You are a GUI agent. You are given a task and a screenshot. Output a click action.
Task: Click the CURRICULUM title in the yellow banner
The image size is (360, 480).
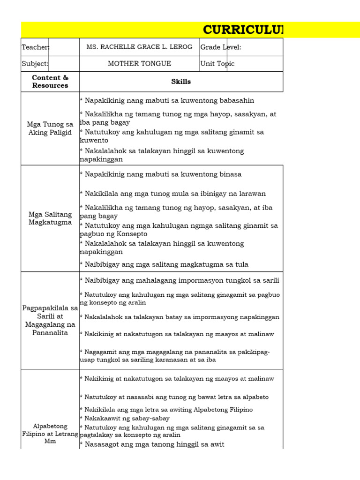pos(243,30)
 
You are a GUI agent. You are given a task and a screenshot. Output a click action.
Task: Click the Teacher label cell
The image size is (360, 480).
pos(35,47)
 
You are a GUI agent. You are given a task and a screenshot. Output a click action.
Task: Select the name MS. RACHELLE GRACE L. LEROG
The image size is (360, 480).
pos(139,47)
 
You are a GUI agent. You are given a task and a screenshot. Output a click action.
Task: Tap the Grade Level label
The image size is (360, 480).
pos(220,47)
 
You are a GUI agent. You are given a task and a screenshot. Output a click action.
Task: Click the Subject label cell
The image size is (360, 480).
pos(35,64)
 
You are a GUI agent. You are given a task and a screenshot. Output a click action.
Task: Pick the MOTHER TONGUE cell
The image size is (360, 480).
pos(139,64)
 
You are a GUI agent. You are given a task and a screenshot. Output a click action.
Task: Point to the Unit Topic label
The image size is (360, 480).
pos(217,64)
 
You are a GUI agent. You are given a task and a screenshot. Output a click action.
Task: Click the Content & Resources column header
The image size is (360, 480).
pos(50,82)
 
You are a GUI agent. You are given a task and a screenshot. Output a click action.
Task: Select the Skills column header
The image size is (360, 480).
pos(181,82)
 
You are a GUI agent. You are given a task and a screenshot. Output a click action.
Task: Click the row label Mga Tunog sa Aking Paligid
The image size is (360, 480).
pos(50,128)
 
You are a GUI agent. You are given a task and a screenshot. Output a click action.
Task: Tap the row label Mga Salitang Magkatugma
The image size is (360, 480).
pos(50,218)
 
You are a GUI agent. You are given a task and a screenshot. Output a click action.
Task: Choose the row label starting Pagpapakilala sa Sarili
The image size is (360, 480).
pos(50,321)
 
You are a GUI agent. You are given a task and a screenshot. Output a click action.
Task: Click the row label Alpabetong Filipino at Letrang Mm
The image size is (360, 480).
pos(50,434)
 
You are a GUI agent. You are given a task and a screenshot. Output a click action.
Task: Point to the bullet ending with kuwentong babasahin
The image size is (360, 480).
pos(167,101)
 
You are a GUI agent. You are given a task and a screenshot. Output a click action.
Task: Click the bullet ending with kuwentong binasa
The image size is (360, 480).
pos(160,174)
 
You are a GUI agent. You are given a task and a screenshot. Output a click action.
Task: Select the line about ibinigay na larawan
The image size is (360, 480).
pos(172,194)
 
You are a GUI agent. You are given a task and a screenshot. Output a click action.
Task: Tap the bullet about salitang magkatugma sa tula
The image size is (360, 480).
pos(164,264)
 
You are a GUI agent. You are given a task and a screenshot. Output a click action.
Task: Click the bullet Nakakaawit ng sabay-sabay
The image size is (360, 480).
pos(125,418)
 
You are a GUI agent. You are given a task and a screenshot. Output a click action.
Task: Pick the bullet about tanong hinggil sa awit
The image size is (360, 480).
pos(152,444)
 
